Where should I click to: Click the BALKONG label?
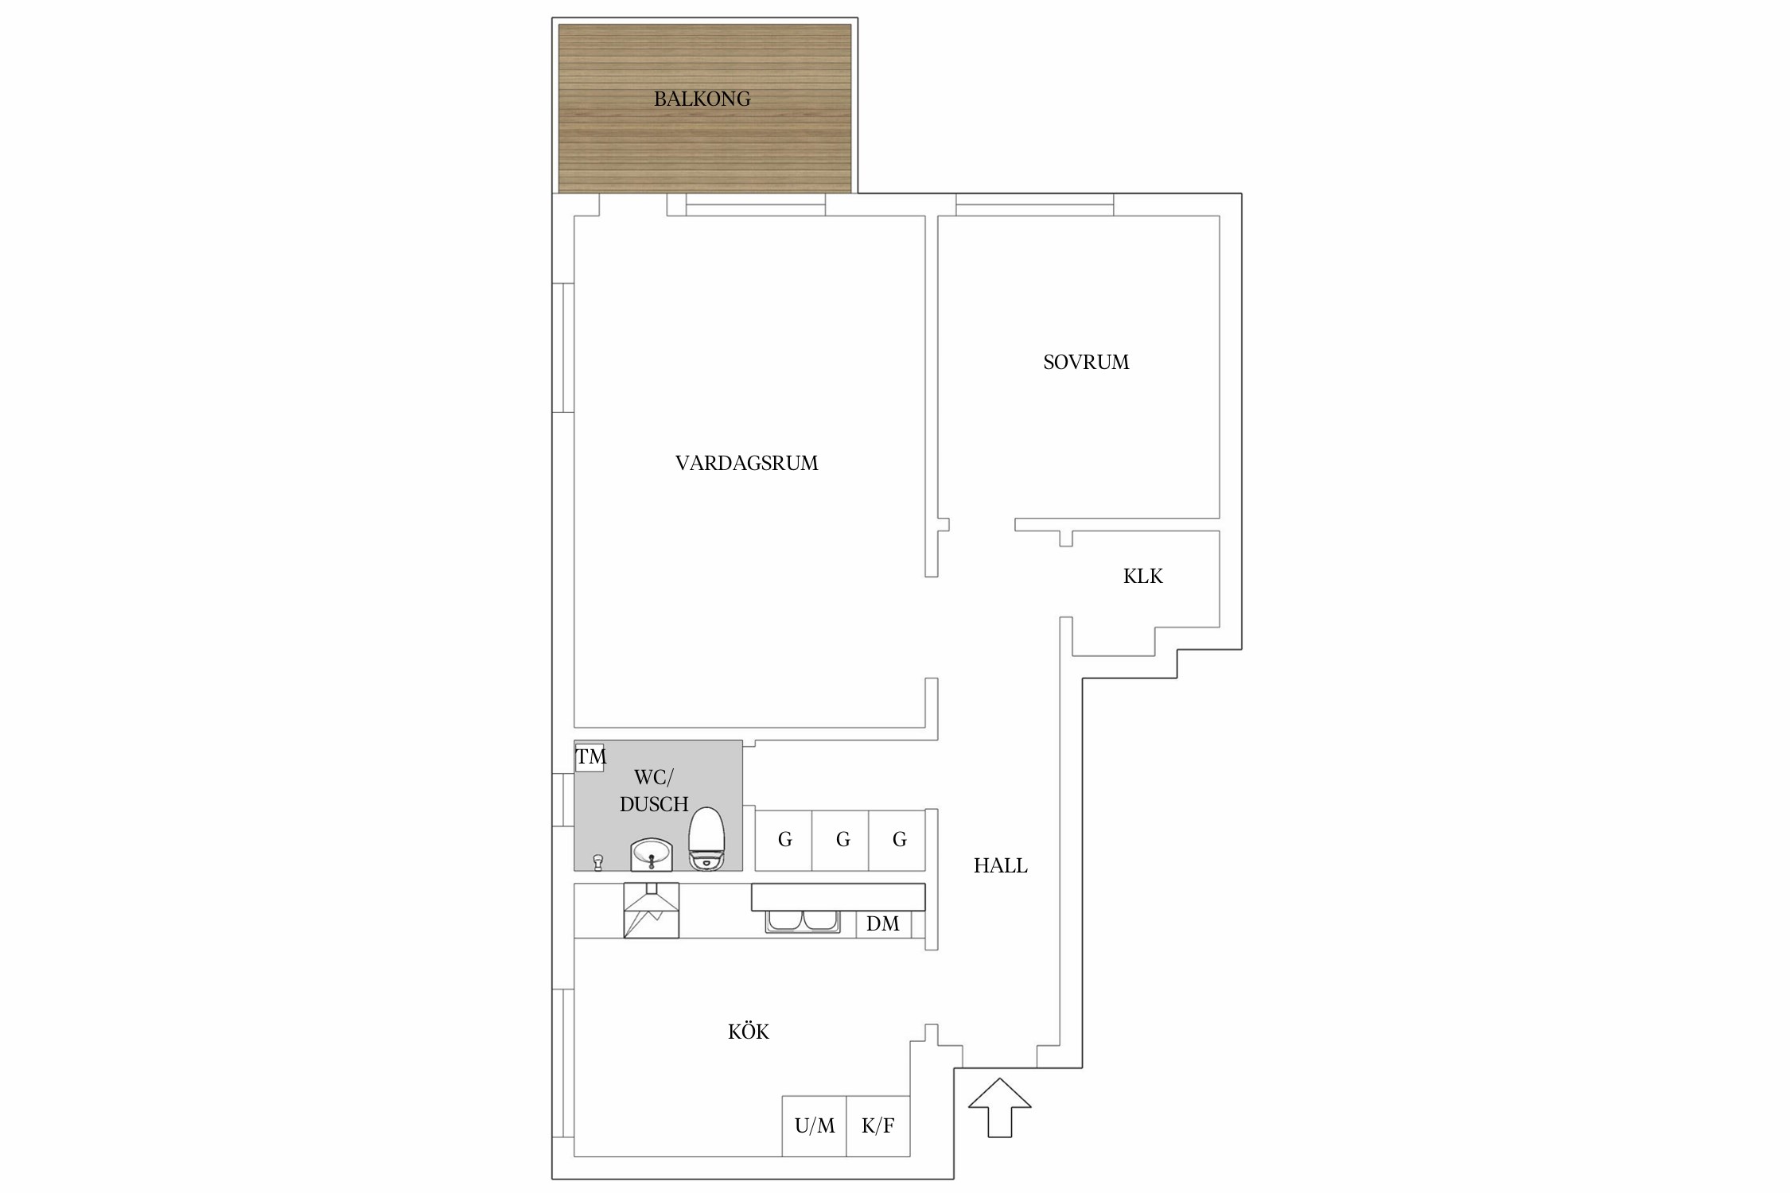(702, 99)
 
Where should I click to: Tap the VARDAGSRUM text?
(746, 463)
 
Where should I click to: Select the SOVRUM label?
(1086, 362)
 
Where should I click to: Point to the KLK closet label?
(1142, 576)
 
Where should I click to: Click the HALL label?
(1000, 865)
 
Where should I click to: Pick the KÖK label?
(748, 1032)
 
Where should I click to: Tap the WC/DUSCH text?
(654, 791)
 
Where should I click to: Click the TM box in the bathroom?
(590, 756)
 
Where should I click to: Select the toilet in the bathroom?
(706, 838)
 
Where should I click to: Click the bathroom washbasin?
(652, 855)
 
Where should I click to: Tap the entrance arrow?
(1000, 1107)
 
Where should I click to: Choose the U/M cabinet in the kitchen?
(814, 1125)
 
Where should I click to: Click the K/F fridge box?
(878, 1125)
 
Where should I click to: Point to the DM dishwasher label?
(882, 923)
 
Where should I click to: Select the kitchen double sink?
(803, 921)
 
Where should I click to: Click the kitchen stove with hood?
(652, 910)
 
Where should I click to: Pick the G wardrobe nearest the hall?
(897, 840)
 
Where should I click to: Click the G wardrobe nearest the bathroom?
(784, 840)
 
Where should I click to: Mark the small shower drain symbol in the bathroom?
(598, 863)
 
